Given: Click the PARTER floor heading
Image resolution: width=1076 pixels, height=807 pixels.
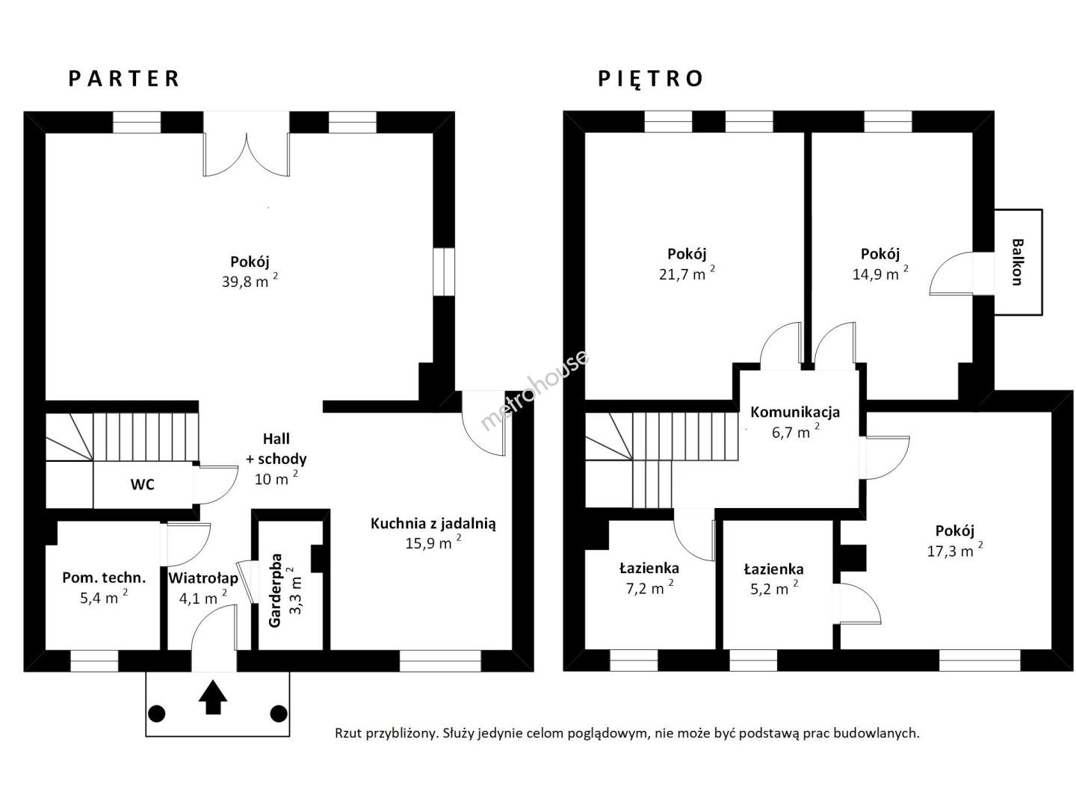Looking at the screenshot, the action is tap(123, 79).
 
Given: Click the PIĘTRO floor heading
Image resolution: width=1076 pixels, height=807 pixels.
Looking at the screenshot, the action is tap(651, 79).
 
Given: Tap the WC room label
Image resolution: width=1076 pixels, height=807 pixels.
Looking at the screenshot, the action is tap(142, 485).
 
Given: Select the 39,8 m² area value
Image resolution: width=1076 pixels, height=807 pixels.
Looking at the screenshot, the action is tap(250, 281).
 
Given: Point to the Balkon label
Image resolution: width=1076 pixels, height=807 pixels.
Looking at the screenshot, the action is tap(1017, 262).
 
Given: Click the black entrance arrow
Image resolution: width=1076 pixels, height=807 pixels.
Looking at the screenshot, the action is tap(213, 696).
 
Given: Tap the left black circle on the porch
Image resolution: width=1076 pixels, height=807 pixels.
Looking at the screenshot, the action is tap(156, 714).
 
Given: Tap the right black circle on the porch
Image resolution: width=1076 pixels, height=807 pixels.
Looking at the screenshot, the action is tap(279, 714).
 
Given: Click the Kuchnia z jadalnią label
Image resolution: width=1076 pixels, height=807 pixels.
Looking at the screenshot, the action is tap(433, 525).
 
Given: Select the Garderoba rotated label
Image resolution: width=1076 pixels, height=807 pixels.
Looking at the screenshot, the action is tap(275, 590).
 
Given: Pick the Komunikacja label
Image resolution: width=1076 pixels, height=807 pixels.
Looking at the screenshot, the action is tap(794, 412).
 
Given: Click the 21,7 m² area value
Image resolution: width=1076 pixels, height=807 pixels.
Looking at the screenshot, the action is tap(686, 273).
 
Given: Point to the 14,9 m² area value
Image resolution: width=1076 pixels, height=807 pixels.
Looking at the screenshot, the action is tap(880, 273).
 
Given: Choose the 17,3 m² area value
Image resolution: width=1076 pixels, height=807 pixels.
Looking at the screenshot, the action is tap(954, 550).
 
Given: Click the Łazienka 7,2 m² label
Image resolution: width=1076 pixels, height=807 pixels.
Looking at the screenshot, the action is tap(649, 577).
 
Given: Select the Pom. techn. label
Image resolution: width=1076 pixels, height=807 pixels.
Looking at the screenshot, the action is tap(104, 578).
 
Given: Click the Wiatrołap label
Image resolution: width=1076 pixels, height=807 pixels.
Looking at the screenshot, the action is tap(203, 578).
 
